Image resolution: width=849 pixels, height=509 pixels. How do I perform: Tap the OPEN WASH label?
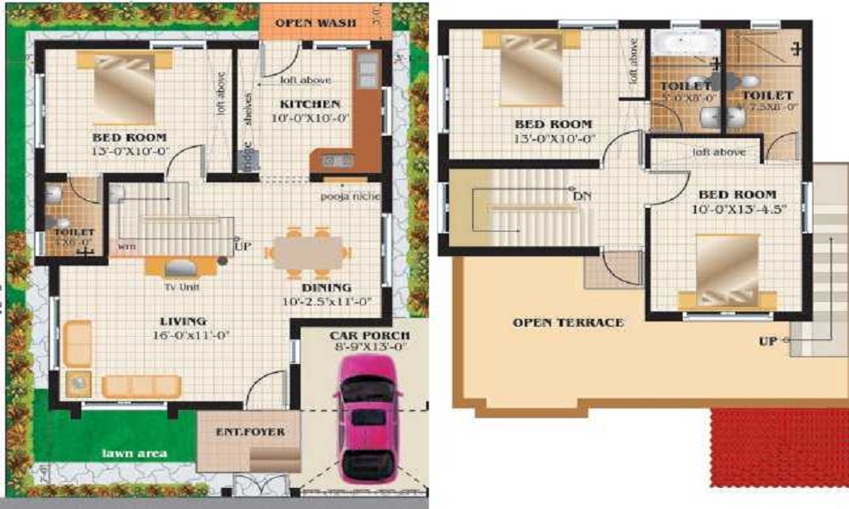[315, 22]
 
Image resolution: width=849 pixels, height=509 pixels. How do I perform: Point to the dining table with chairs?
[307, 252]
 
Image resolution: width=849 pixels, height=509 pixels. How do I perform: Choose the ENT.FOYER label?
[250, 432]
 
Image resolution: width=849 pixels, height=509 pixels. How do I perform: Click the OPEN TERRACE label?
[567, 322]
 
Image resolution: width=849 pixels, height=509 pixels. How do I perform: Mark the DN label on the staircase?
[582, 197]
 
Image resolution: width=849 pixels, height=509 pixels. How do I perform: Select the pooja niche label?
[350, 197]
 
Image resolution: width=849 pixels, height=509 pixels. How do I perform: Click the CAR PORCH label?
[369, 335]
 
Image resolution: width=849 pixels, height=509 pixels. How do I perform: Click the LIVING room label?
[183, 321]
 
